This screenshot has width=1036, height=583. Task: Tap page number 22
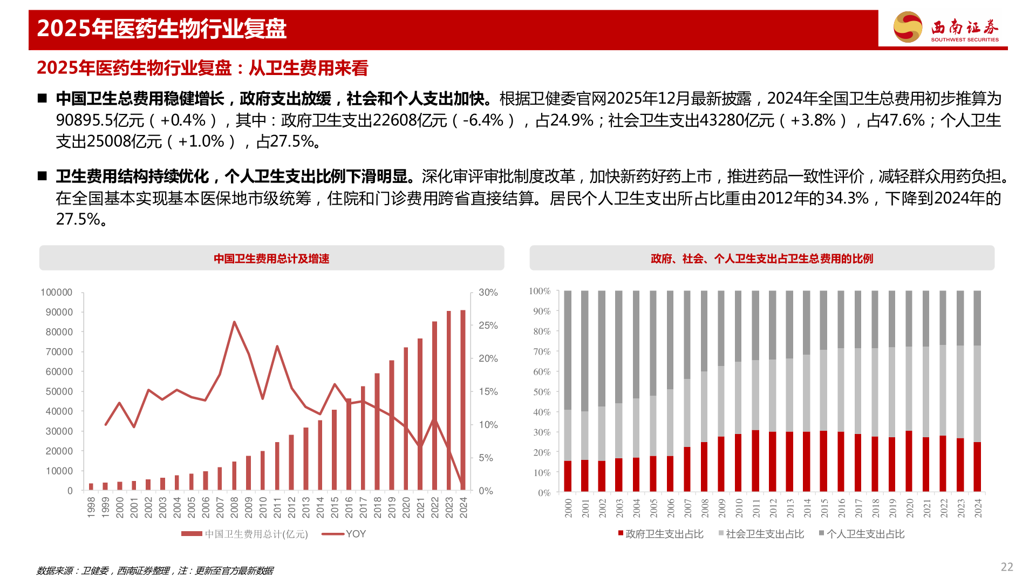[x=1007, y=567]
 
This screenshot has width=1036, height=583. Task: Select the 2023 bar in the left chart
[x=449, y=401]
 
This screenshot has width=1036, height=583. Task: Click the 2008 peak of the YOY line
[x=234, y=322]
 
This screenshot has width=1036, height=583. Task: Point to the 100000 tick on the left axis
[x=57, y=292]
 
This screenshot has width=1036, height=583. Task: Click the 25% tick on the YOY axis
[x=488, y=326]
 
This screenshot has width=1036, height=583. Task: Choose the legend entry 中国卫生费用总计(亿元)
[x=245, y=534]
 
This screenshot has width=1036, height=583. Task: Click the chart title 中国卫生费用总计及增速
[x=271, y=259]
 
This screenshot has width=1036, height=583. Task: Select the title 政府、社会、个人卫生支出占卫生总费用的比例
[x=761, y=259]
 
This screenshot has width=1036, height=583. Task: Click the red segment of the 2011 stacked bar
[x=755, y=461]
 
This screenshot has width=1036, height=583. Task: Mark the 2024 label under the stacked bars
[x=978, y=509]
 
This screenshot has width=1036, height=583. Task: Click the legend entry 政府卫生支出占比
[x=661, y=534]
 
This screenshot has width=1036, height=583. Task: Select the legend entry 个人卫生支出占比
[x=862, y=534]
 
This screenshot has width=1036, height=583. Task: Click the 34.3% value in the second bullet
[x=847, y=198]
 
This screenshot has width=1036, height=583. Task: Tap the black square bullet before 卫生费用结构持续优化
[x=43, y=176]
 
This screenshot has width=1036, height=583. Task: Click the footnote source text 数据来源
[x=54, y=571]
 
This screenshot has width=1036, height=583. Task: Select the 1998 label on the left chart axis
[x=91, y=508]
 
